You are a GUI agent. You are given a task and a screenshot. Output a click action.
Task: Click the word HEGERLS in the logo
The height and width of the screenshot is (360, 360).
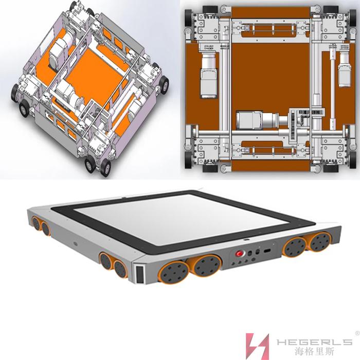(314, 342)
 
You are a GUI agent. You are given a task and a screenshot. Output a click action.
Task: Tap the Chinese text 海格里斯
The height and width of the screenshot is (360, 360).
(315, 351)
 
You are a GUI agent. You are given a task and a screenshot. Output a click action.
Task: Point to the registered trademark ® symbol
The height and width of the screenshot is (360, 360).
(357, 333)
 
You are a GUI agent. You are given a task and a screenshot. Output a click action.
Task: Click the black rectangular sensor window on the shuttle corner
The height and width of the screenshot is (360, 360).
(140, 274)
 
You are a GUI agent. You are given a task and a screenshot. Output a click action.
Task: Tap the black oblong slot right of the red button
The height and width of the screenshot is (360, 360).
(267, 251)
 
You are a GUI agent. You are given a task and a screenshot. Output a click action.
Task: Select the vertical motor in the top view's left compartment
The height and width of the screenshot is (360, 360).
(209, 75)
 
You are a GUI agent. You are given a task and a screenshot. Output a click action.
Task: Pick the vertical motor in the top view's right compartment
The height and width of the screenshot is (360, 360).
(345, 68)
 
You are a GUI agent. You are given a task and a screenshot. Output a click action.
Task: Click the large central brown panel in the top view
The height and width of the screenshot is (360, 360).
(271, 76)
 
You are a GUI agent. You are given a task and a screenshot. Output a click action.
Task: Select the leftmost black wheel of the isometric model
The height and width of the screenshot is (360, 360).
(15, 93)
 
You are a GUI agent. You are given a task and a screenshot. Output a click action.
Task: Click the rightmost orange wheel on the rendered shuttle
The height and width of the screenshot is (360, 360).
(320, 242)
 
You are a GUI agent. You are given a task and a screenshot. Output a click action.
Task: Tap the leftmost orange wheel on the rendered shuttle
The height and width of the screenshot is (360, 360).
(36, 223)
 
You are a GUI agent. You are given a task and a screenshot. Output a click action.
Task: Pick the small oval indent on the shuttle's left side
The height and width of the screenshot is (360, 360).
(75, 243)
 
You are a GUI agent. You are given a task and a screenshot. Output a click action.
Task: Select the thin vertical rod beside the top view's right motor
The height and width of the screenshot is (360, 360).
(332, 88)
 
